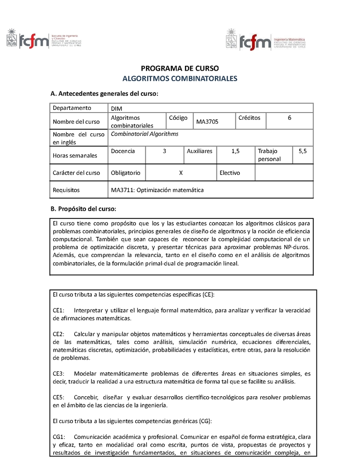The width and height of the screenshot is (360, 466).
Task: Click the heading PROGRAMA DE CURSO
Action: [180, 68]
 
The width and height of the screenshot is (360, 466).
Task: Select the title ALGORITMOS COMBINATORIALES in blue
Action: [180, 78]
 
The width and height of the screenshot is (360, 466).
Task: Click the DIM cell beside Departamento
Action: [116, 109]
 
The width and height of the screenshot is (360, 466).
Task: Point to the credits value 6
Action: [289, 118]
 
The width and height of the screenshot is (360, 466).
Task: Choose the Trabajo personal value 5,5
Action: [302, 152]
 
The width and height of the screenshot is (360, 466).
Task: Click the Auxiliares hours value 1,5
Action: [235, 152]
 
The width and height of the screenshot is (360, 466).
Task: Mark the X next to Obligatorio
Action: [180, 173]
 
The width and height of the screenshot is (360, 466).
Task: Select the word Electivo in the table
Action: [229, 173]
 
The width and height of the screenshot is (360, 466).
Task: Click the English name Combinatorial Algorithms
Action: [144, 134]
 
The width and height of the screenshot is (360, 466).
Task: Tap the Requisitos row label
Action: [66, 190]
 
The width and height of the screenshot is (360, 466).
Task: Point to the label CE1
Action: [59, 310]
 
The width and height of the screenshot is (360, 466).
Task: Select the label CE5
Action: [59, 398]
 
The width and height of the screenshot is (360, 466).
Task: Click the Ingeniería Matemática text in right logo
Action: [289, 40]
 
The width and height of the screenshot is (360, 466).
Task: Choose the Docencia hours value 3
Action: [165, 152]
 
